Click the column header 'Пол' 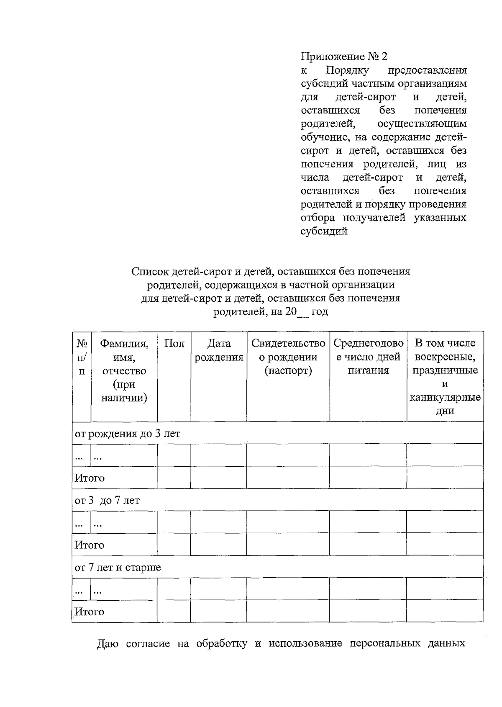[x=174, y=344]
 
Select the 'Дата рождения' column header [x=219, y=350]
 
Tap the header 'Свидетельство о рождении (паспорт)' [x=288, y=357]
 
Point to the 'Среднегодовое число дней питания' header [x=368, y=357]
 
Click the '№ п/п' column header [x=82, y=357]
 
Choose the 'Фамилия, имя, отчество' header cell [x=124, y=370]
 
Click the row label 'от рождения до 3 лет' [x=127, y=433]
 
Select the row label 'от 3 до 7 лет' [x=107, y=500]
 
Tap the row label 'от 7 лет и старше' [x=118, y=568]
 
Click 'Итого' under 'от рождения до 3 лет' [x=90, y=478]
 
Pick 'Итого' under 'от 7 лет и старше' [x=90, y=612]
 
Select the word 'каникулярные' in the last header [x=445, y=398]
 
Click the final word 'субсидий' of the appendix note [x=324, y=231]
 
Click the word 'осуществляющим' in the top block [x=422, y=124]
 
